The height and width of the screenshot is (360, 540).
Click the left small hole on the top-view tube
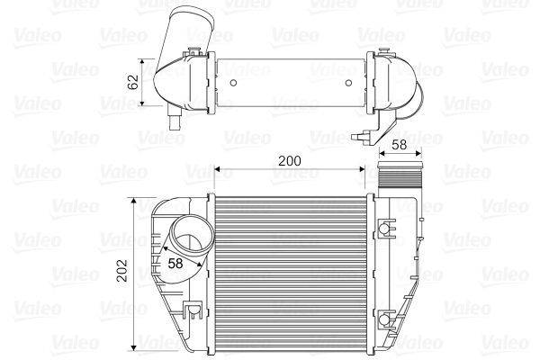coord(233,85)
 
